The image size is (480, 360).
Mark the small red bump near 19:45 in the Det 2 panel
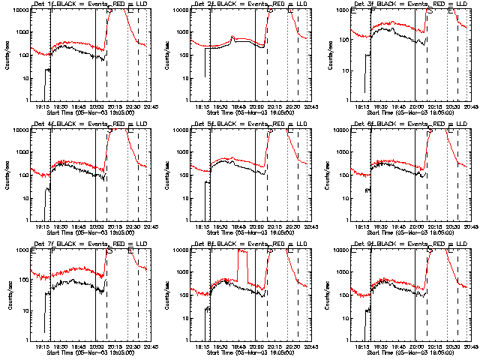(233, 37)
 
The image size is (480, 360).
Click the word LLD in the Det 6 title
(458, 124)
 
